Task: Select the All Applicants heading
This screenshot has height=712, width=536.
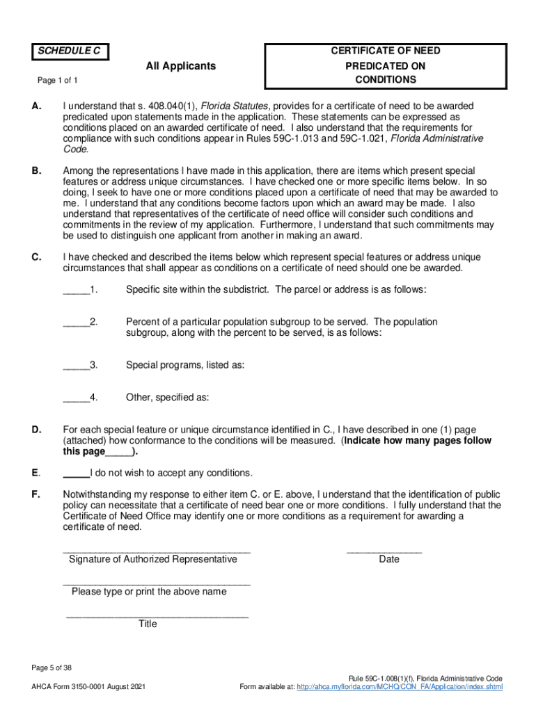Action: click(x=180, y=66)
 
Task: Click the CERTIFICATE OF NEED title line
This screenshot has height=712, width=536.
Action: click(x=385, y=51)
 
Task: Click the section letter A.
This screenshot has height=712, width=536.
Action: click(x=36, y=106)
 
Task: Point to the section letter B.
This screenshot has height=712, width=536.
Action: click(x=36, y=170)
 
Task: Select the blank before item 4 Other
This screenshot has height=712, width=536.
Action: click(x=76, y=399)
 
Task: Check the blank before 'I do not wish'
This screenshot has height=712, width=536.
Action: click(x=76, y=474)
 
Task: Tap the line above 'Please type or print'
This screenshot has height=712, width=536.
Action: click(x=157, y=582)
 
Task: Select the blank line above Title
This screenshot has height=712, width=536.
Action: click(x=157, y=615)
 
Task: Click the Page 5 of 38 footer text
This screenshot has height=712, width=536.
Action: click(x=52, y=668)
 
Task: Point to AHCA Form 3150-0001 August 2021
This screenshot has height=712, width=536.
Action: click(x=88, y=687)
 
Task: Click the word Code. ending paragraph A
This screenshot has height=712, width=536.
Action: click(x=76, y=149)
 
